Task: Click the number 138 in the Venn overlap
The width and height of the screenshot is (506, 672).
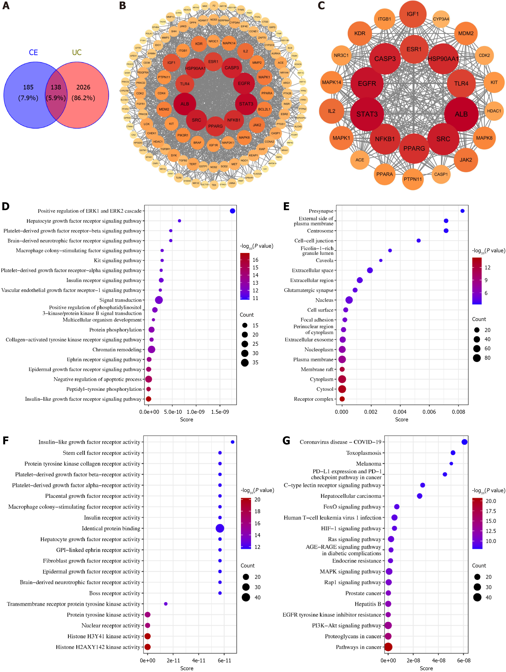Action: coord(56,87)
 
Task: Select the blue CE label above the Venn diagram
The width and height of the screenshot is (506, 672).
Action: coord(33,52)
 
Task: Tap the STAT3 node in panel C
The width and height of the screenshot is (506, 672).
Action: coord(367,114)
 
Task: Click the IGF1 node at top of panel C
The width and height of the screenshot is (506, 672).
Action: coord(412,14)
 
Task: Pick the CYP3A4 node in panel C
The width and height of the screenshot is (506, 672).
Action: coord(441,19)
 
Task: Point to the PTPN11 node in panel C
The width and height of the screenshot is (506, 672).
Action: coord(412,179)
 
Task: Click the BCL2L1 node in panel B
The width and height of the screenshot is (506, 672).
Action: coord(264,109)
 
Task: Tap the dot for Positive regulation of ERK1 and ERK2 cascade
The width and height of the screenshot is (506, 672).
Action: coord(232,211)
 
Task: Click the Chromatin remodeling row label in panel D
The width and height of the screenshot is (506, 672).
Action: coord(117,350)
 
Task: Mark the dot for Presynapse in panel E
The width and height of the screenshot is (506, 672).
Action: coord(462,211)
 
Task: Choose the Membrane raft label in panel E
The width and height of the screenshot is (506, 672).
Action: coord(317,369)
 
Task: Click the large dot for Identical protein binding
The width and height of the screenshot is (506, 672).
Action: coord(220,528)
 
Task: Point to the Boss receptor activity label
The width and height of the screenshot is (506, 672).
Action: coord(115,593)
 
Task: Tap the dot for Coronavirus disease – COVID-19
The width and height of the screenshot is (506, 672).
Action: coord(464,442)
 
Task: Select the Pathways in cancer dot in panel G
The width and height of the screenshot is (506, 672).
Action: coord(388,647)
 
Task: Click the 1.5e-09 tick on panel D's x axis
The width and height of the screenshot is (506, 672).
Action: coord(220,412)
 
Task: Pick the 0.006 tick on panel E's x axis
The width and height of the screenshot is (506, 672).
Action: coord(429,412)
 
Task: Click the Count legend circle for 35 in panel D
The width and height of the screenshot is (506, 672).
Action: coord(245,362)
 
